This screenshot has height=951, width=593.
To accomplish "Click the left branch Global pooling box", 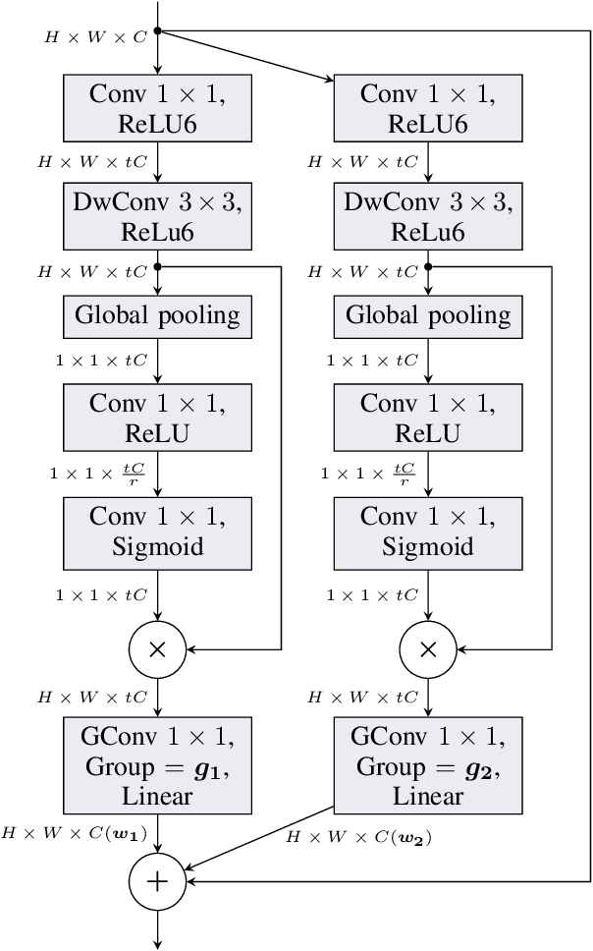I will coord(157,316).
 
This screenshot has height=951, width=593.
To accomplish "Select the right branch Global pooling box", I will coord(428,316).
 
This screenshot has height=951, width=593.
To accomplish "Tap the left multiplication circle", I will coord(157,648).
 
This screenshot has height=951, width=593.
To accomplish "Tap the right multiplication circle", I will coord(428,648).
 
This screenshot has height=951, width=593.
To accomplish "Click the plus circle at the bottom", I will coord(157,881).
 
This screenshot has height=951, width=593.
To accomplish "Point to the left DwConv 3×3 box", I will coord(157,216).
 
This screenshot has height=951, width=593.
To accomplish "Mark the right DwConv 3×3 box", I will coord(428,216).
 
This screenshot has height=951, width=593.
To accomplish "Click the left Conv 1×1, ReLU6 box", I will coord(157,108).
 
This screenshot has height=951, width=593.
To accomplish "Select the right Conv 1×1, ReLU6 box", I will coord(428,108).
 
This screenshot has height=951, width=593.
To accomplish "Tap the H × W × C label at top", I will coord(95,38).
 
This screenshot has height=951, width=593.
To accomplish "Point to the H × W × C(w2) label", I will coord(359,838).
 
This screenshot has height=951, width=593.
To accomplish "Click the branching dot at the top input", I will coord(157,31).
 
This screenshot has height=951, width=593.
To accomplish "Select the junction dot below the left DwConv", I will coord(157,265).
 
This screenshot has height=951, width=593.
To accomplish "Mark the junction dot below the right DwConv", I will coord(428,265).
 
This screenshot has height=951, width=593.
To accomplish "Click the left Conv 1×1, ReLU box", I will coord(157,418).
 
